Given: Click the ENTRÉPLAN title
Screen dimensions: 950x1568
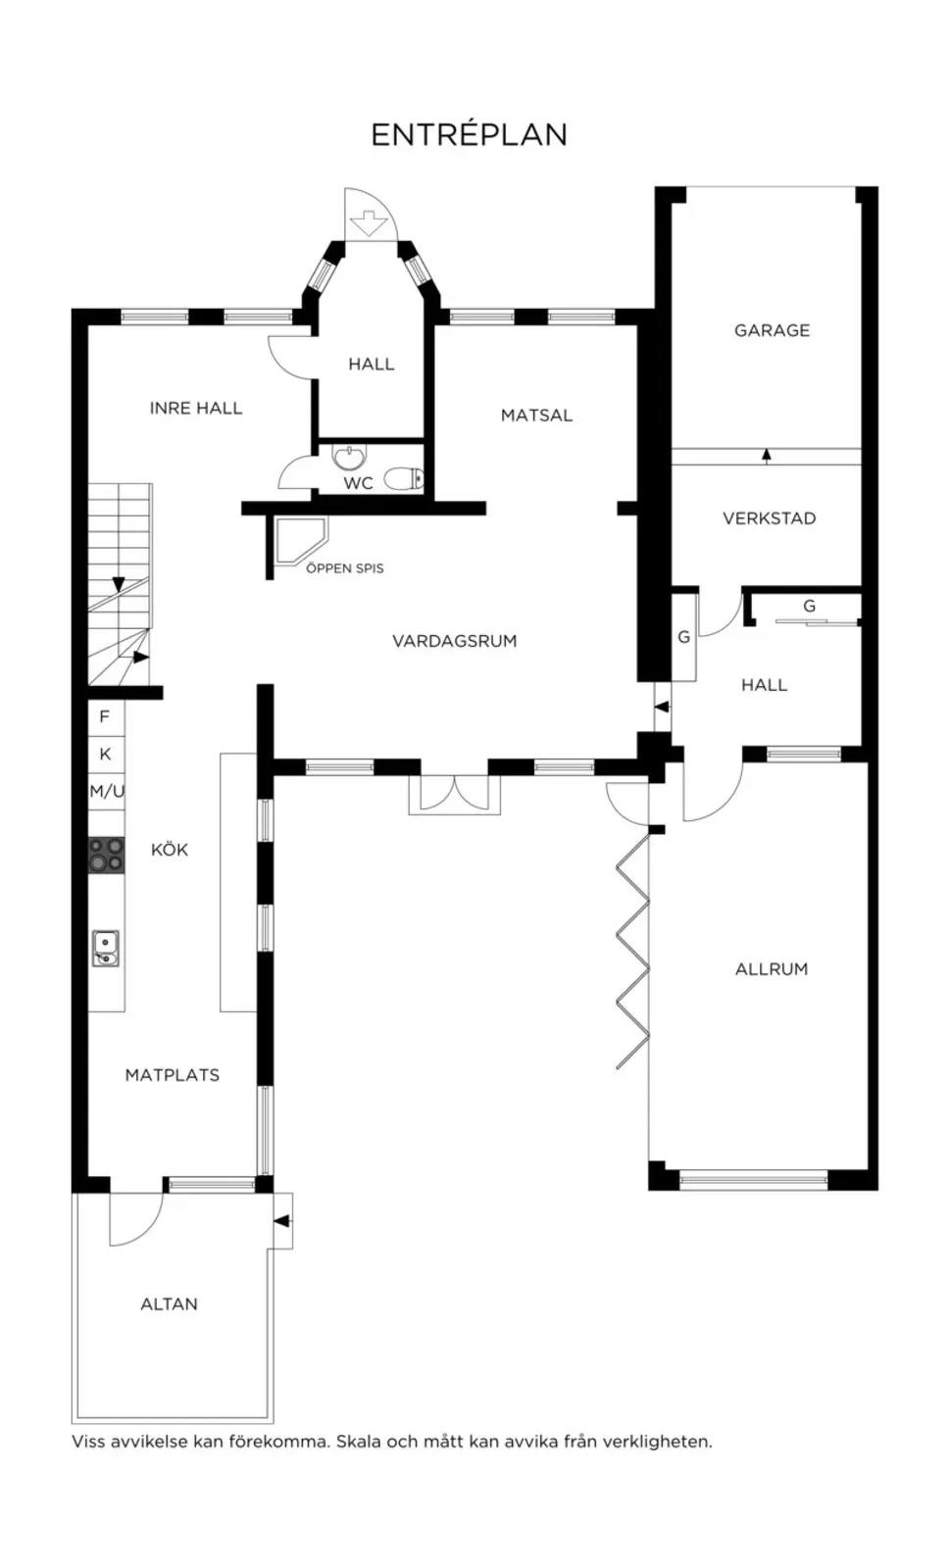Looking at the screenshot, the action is pos(469,134).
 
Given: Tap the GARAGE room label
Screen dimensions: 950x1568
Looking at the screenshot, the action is pos(772,330).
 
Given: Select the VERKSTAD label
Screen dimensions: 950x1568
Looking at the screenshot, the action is pos(770,518).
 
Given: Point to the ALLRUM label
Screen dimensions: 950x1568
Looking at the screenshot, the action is pos(772,969).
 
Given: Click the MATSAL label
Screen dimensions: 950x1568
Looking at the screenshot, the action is pos(536,416).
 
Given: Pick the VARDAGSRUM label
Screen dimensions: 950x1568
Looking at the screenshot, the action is pos(454,641).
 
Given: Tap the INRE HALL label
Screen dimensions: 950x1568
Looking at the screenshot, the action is pos(196,408).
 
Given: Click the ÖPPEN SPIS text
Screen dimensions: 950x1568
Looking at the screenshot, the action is pos(344,568).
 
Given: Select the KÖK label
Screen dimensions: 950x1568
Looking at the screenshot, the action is pos(170,849).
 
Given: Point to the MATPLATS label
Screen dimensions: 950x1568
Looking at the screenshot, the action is pos(173,1075).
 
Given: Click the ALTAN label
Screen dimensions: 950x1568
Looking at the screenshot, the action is pos(169,1304).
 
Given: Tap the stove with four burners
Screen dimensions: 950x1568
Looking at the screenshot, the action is pos(107,855).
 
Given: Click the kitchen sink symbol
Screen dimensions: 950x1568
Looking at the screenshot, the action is pos(106,950).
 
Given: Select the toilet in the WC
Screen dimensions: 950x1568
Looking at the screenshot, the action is pos(404,479).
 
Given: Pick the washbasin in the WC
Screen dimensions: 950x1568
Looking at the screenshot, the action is pos(349,458).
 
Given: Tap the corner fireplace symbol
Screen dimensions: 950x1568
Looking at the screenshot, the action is pos(300,540).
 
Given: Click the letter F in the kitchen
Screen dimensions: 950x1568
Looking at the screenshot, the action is pos(105,716).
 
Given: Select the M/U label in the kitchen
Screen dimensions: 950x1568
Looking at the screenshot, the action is pos(107,792).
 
